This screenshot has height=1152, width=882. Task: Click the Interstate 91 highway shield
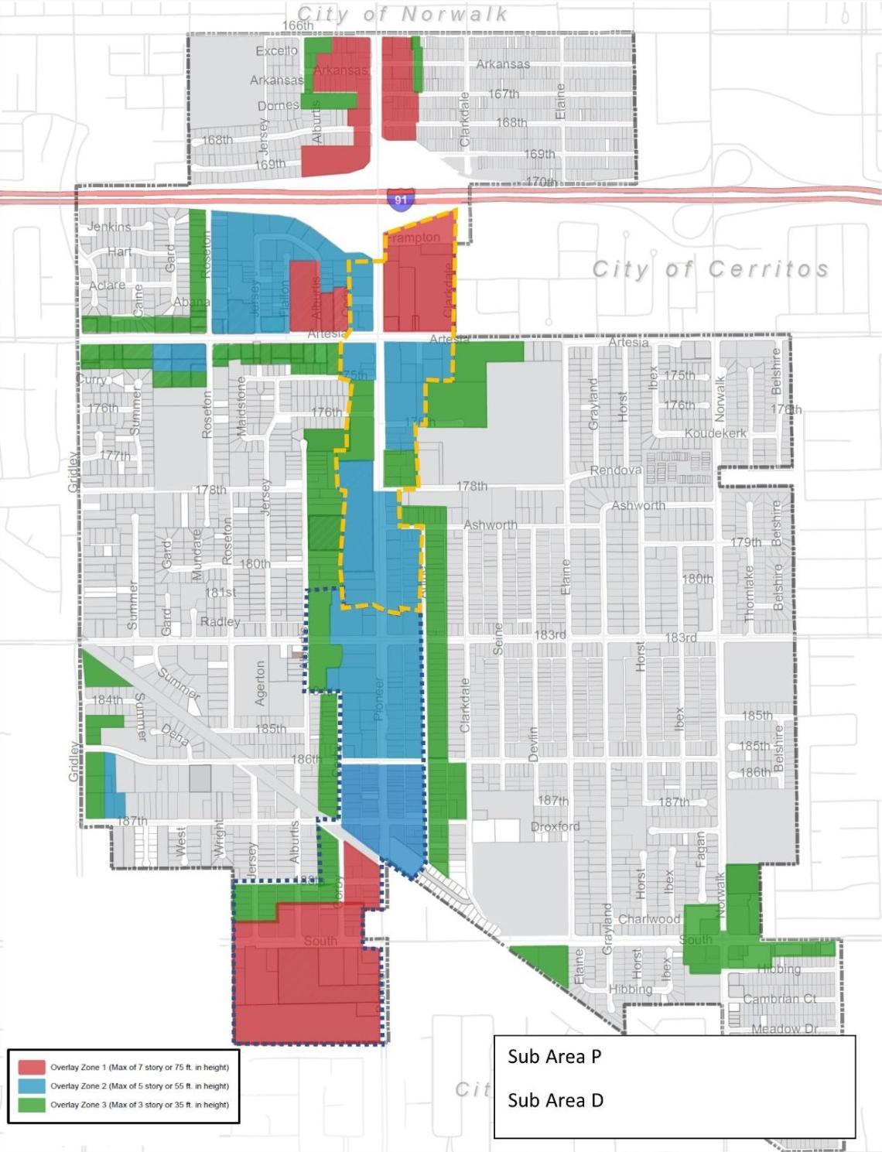pyautogui.click(x=400, y=200)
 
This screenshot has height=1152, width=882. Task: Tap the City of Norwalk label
pyautogui.click(x=402, y=14)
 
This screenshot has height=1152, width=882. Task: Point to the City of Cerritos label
pyautogui.click(x=710, y=268)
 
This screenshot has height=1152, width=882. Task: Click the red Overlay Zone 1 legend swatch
pyautogui.click(x=32, y=1067)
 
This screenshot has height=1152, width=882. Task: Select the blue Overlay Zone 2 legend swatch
pyautogui.click(x=32, y=1085)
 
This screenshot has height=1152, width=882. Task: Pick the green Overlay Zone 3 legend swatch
pyautogui.click(x=32, y=1104)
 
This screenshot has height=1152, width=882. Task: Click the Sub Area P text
pyautogui.click(x=554, y=1057)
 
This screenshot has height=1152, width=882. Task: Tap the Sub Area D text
pyautogui.click(x=555, y=1100)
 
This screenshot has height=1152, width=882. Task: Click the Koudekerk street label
pyautogui.click(x=716, y=433)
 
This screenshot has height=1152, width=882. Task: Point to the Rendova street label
pyautogui.click(x=616, y=470)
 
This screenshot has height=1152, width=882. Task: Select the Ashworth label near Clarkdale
pyautogui.click(x=490, y=525)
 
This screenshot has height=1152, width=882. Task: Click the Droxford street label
pyautogui.click(x=555, y=826)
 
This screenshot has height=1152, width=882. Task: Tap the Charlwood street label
pyautogui.click(x=649, y=919)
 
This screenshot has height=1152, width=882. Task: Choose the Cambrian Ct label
pyautogui.click(x=780, y=999)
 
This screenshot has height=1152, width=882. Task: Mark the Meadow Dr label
pyautogui.click(x=785, y=1028)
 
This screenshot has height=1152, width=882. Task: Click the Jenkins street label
pyautogui.click(x=108, y=227)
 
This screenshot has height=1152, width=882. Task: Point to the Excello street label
pyautogui.click(x=276, y=51)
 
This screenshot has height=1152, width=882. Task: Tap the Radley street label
pyautogui.click(x=220, y=622)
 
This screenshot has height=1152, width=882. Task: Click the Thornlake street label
pyautogui.click(x=749, y=593)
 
